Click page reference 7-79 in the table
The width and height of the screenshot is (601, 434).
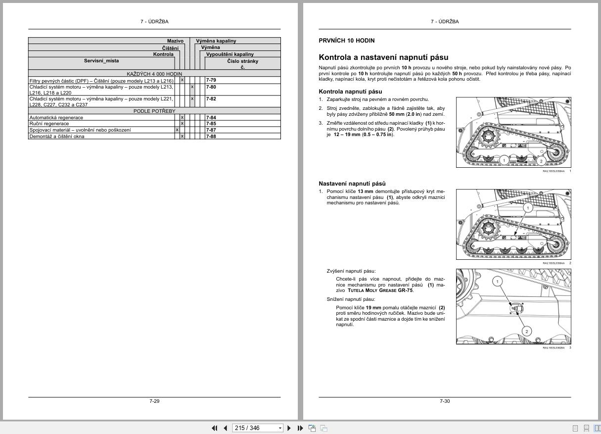point(211,80)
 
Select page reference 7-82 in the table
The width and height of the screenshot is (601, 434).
point(211,99)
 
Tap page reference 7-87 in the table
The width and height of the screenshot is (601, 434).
point(211,130)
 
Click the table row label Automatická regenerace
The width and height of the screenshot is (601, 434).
point(56,118)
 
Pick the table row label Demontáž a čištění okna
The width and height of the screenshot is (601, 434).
point(57,137)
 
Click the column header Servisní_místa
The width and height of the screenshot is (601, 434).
point(101,61)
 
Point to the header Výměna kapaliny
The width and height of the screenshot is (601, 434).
point(216,41)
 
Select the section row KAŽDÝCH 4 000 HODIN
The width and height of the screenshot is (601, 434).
point(154,74)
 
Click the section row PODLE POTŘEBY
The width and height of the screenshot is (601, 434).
point(154,111)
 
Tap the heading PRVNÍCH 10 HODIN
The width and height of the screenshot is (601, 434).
point(347,41)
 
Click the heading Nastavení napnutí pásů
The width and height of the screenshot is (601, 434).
point(352,184)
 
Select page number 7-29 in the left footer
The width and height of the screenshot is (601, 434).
point(154,401)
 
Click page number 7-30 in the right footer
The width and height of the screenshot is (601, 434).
point(445,401)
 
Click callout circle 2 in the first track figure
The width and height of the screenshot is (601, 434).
point(541,161)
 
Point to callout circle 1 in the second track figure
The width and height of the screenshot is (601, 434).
point(528,208)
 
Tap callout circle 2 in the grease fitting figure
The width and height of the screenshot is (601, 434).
point(527,331)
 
